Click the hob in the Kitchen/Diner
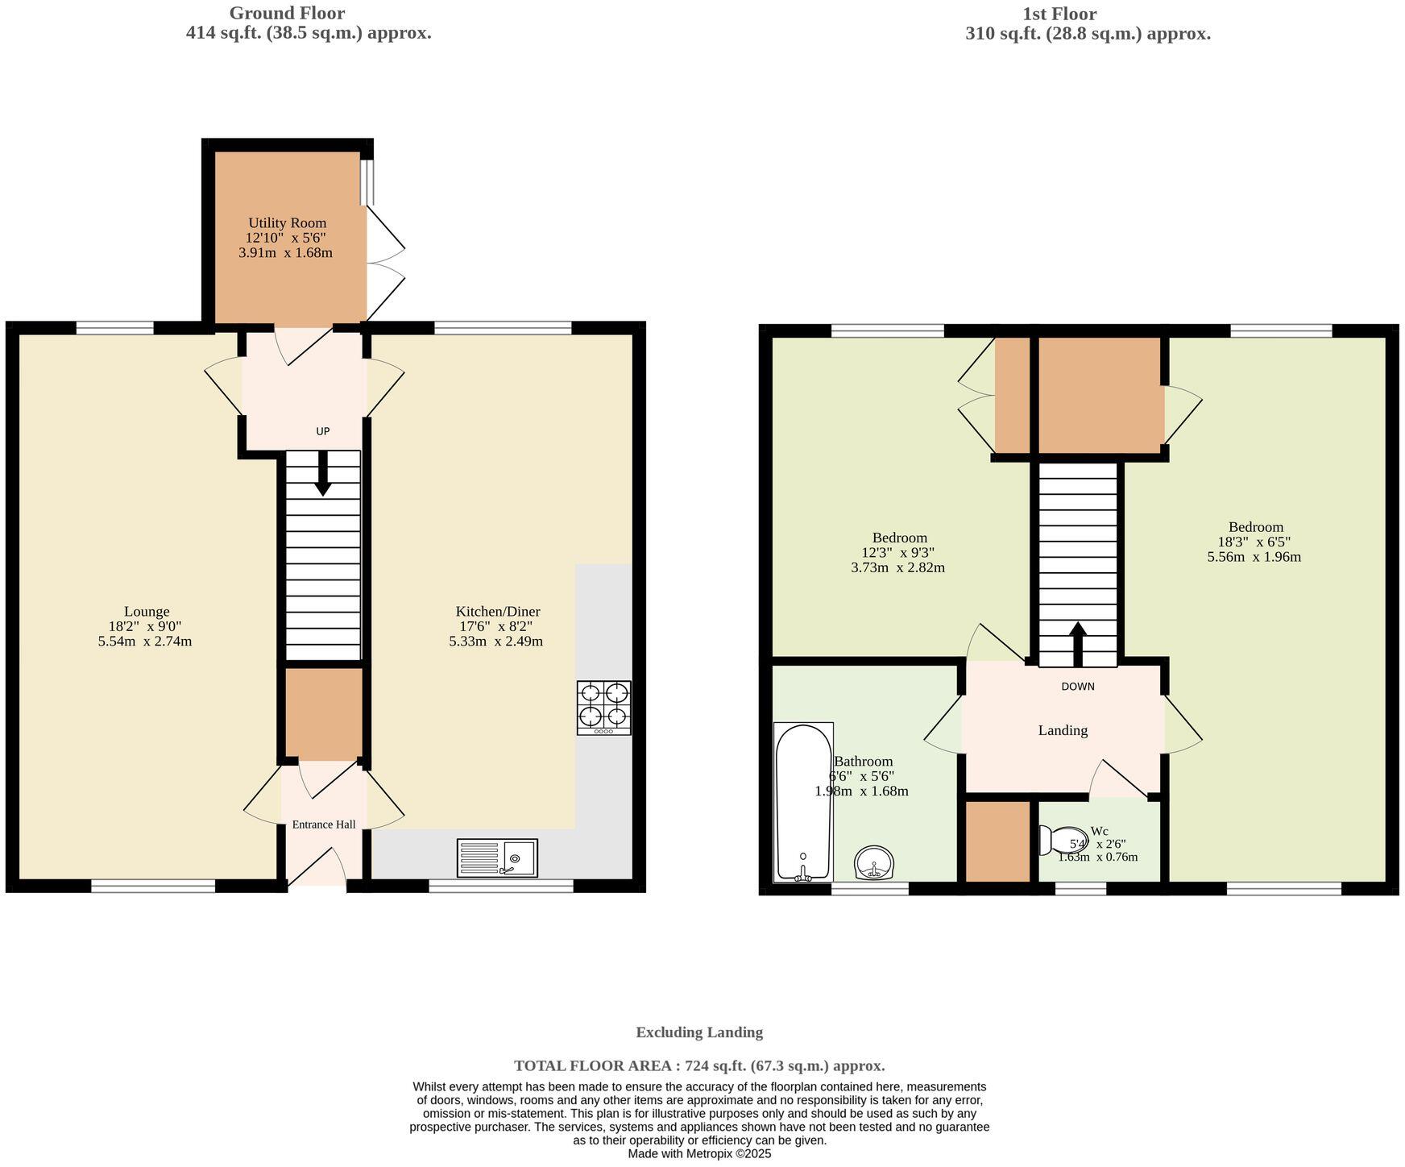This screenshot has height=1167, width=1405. [x=603, y=708]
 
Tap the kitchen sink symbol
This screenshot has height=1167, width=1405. [x=497, y=858]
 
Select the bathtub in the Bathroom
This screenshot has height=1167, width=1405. [x=803, y=803]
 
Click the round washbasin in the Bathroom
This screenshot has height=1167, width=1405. [x=873, y=863]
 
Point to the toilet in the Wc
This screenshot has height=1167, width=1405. [x=1062, y=840]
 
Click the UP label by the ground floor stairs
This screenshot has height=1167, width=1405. [x=322, y=431]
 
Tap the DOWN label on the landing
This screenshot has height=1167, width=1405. [x=1077, y=687]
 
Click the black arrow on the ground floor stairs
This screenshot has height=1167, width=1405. [x=322, y=475]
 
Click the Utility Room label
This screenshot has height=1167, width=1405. [x=287, y=223]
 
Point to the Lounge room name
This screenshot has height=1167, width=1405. [x=147, y=612]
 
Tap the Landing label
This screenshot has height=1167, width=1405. [x=1063, y=730]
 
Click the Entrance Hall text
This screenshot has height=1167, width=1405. [x=323, y=824]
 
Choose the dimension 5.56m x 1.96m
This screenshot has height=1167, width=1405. [x=1254, y=557]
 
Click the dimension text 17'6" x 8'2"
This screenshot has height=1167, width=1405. [x=497, y=626]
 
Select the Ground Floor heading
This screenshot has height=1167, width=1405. [x=287, y=13]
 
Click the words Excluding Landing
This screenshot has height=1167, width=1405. [x=698, y=1032]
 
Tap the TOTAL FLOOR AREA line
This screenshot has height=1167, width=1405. [x=698, y=1065]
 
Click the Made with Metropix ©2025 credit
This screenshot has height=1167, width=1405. [x=699, y=1153]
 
